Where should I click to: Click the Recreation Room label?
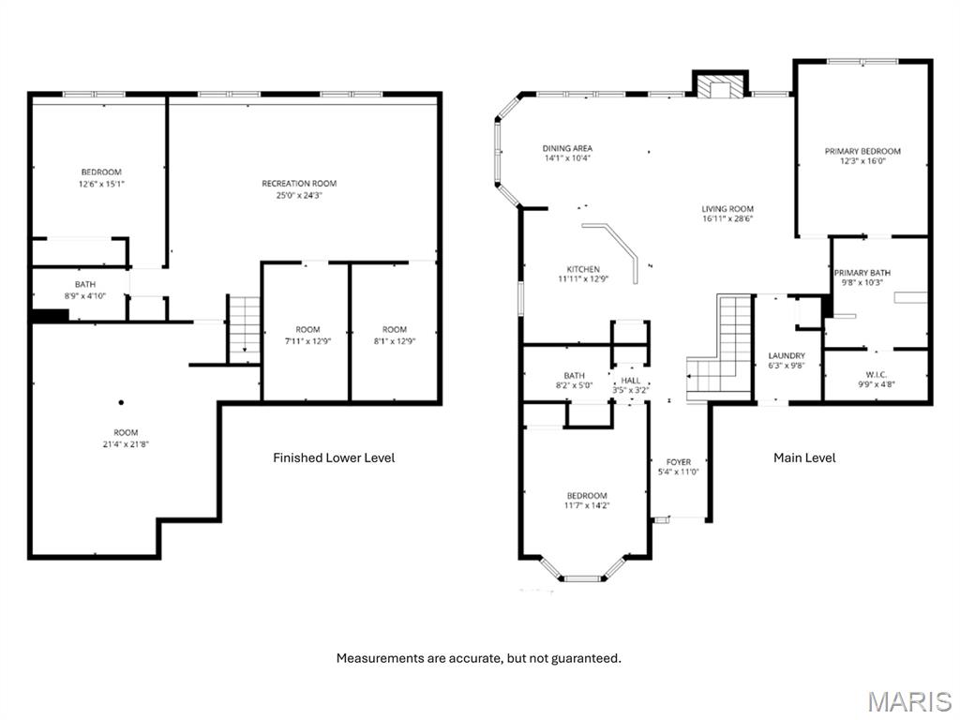299,184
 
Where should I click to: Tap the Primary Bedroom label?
862,151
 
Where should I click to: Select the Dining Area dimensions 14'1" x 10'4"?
568,158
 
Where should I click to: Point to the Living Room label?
727,209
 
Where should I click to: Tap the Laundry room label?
786,356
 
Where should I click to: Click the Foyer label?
679,462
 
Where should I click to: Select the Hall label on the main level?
631,381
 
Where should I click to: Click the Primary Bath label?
862,273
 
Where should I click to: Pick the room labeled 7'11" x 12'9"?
307,335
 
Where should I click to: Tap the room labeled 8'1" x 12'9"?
395,335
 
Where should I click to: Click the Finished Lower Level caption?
334,457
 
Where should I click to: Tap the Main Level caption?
804,457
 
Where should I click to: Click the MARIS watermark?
908,700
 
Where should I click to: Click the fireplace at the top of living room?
720,86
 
